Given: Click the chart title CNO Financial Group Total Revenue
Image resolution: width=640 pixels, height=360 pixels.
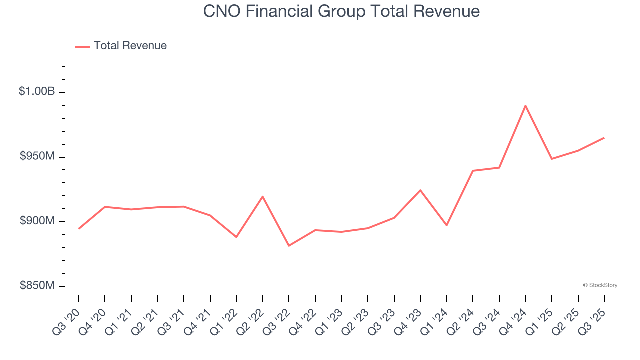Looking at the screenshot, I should (x=341, y=11).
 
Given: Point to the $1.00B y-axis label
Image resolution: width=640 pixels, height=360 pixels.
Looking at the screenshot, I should (x=37, y=91).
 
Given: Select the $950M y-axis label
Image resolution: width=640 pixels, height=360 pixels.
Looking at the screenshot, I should (x=37, y=156).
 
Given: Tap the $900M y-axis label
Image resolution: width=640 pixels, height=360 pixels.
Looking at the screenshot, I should (x=37, y=221).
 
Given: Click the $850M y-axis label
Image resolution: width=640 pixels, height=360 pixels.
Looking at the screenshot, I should (x=37, y=285).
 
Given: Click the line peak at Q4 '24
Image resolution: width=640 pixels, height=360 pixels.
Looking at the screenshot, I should (x=525, y=105).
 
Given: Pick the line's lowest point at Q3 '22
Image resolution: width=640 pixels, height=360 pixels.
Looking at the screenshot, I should (x=289, y=246).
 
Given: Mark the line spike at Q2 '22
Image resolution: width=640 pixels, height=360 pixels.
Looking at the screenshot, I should (x=263, y=196).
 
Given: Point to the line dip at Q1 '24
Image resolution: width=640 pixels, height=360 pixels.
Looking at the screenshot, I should (x=446, y=225).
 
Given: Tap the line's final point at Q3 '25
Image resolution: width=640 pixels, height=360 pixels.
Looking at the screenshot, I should (x=604, y=138).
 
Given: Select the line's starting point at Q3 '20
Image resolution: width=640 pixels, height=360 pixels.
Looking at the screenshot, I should (x=79, y=229).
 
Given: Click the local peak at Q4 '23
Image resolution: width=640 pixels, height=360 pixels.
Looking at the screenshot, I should (x=420, y=190).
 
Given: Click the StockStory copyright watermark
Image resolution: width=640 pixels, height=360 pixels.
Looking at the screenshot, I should (x=600, y=285).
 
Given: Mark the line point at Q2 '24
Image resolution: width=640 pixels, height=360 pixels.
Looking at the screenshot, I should (x=473, y=171).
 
